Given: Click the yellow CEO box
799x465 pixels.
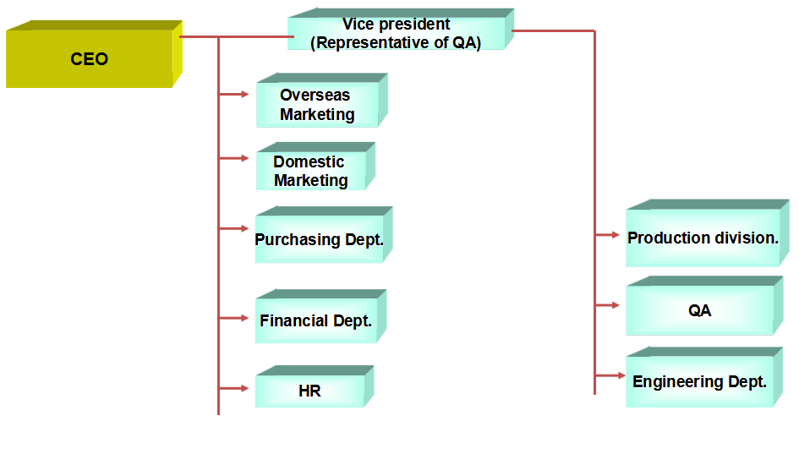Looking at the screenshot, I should (x=90, y=59).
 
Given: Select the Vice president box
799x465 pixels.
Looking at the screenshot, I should (x=397, y=34).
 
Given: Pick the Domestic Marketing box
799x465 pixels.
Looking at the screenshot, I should (x=311, y=171).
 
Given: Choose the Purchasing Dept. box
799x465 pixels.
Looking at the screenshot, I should (x=320, y=240).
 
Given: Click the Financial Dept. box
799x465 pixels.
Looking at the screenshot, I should (x=316, y=321).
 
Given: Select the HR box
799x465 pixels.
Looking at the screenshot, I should (x=310, y=391).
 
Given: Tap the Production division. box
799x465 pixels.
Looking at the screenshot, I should (x=703, y=238).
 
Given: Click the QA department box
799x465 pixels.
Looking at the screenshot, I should (x=699, y=310).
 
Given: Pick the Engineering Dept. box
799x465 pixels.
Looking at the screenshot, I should (x=699, y=382).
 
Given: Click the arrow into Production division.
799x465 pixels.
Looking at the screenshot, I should (x=608, y=235).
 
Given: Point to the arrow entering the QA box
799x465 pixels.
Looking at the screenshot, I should (x=608, y=305).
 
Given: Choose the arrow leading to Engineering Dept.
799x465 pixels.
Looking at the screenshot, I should (x=608, y=375).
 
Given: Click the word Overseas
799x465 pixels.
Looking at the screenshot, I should (x=315, y=96).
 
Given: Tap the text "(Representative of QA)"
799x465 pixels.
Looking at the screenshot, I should (x=396, y=42).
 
